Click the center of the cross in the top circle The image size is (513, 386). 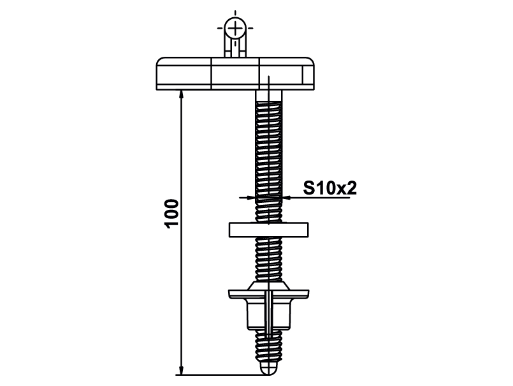click(235, 28)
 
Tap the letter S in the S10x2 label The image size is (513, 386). click(310, 188)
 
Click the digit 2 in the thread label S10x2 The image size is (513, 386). click(351, 188)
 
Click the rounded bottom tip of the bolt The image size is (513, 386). click(268, 369)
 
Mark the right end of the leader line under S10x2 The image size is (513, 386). click(356, 198)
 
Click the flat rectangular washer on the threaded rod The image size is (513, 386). click(268, 230)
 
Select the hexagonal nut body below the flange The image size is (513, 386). click(268, 314)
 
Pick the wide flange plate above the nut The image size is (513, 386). click(268, 294)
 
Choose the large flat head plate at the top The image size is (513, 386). click(235, 74)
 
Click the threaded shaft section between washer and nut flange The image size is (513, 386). click(268, 259)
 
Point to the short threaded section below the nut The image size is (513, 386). click(268, 346)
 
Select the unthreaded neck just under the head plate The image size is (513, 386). click(268, 96)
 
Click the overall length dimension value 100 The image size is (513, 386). click(173, 213)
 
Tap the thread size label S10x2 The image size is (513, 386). click(330, 188)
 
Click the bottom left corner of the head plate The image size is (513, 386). click(156, 90)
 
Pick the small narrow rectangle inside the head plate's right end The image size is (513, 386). click(303, 75)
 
